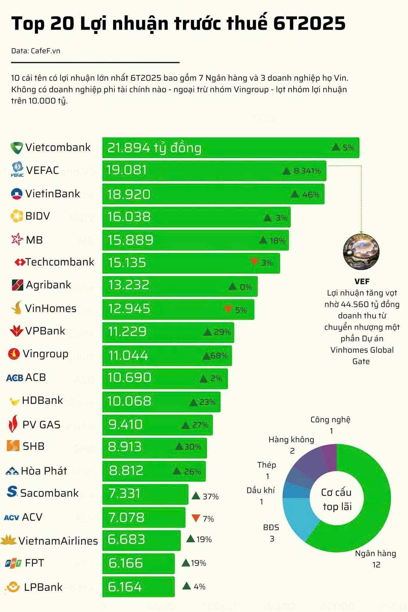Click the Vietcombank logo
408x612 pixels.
[x=16, y=148]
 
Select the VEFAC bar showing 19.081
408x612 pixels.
[x=214, y=171]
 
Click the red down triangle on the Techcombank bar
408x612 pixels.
[x=254, y=262]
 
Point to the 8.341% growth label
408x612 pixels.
[x=307, y=171]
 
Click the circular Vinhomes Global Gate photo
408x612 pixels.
[x=361, y=250]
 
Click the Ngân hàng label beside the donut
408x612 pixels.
[x=375, y=553]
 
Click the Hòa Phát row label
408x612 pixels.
[x=44, y=471]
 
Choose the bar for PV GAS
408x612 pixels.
[x=157, y=425]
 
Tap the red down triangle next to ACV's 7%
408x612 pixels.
[x=195, y=518]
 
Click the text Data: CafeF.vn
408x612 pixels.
[x=36, y=51]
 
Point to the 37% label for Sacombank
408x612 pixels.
[x=210, y=497]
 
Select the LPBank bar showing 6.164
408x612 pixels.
[x=138, y=587]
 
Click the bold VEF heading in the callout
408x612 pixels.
[x=362, y=281]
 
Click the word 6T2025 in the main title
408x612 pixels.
[x=309, y=23]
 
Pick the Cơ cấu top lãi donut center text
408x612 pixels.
[x=337, y=499]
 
